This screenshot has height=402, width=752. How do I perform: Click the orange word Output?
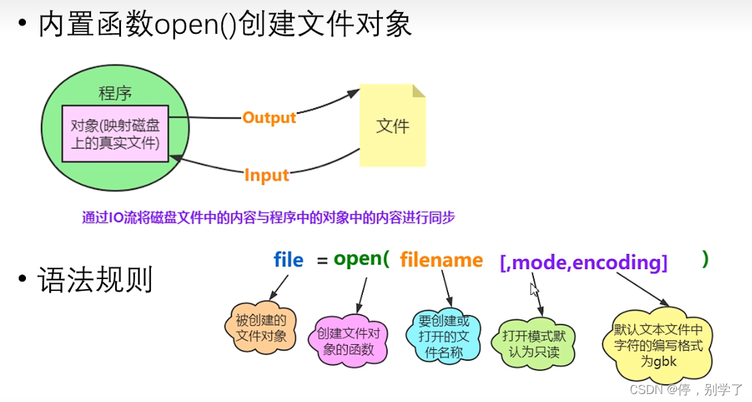269,118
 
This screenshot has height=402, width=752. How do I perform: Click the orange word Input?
267,175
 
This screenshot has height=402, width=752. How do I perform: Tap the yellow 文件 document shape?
392,126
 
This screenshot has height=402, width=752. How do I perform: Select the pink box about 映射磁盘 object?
115,133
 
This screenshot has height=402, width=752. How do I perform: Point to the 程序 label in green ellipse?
114,94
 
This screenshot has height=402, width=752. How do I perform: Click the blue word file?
288,260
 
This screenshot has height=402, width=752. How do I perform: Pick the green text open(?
361,259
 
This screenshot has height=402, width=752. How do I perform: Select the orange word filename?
441,260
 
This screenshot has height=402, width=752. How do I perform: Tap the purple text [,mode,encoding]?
583,262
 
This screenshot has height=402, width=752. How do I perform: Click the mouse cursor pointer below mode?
534,289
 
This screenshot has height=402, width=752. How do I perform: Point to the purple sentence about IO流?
269,218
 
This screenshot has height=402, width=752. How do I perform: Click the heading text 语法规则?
95,280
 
